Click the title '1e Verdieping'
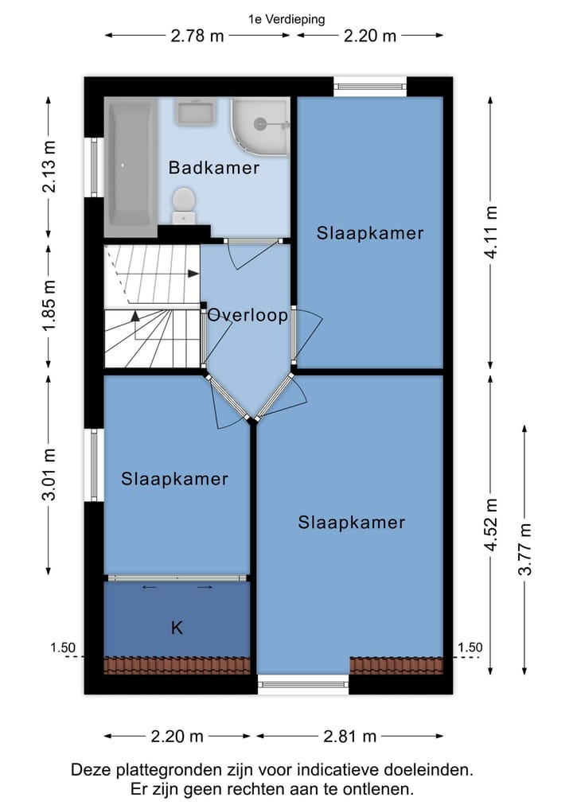[286, 20]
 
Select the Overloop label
[248, 315]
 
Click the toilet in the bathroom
[184, 204]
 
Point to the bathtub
[131, 165]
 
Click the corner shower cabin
[259, 125]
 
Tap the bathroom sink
[195, 111]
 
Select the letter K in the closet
[177, 628]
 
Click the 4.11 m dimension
[493, 231]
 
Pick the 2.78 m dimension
[197, 36]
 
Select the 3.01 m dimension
[49, 475]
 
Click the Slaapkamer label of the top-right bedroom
[370, 233]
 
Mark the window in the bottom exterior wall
[303, 683]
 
